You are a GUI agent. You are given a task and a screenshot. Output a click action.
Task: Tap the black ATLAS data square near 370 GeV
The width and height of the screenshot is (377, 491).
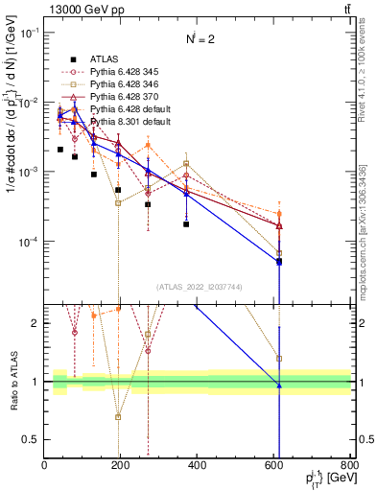pos(186,223)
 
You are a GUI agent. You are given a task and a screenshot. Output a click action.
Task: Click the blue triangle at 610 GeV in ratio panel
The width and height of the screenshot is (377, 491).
pos(279,386)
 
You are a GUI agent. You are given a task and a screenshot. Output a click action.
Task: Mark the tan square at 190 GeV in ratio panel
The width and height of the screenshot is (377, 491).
pos(118,417)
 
